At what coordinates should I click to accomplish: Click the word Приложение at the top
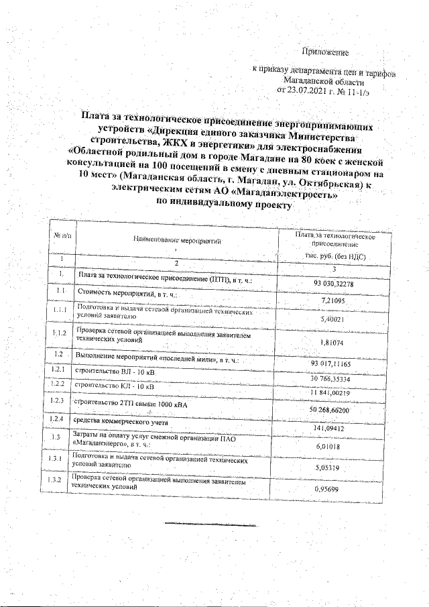pyautogui.click(x=326, y=51)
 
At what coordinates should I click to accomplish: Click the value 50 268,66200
pyautogui.click(x=336, y=410)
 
